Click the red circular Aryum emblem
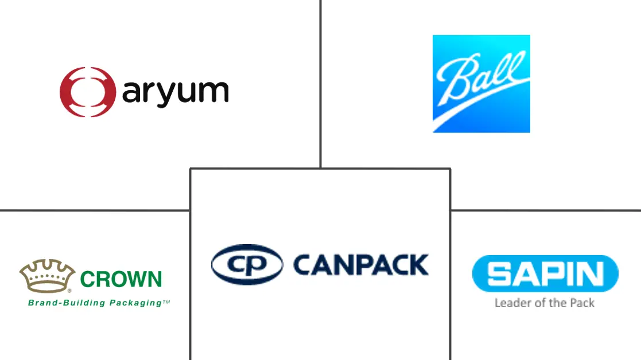click(85, 92)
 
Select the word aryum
click(175, 94)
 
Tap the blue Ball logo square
click(481, 84)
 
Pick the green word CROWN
click(121, 280)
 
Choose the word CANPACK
click(360, 265)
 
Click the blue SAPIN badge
click(545, 274)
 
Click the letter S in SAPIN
click(496, 274)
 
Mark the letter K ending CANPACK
click(419, 265)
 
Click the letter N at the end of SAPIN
click(597, 274)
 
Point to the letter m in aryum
click(216, 94)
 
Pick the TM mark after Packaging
click(166, 300)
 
